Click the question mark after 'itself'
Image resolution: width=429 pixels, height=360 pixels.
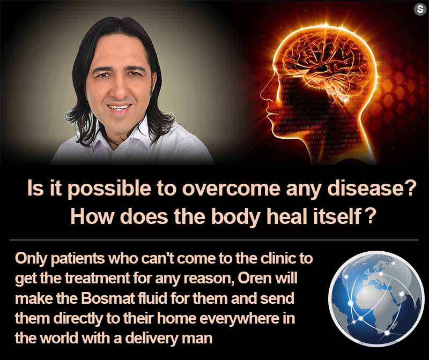tap(369, 217)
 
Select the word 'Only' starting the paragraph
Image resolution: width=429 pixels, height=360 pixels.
tap(31, 259)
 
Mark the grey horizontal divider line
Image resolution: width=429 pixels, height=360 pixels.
tap(214, 240)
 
